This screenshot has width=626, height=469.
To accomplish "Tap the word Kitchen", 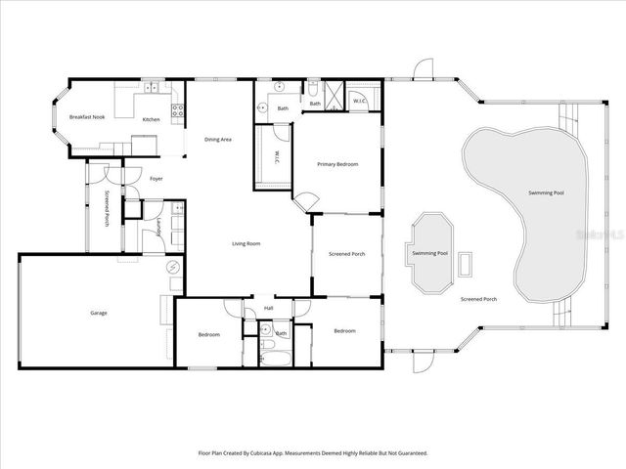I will coord(151,119).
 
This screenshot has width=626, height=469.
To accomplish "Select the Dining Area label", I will coord(217,140).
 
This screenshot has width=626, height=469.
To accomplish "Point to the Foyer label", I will coord(156,179).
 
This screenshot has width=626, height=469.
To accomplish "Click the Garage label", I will coord(99,313).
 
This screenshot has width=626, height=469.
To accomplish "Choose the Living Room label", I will coord(245,243).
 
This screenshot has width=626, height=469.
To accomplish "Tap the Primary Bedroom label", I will coord(337,164).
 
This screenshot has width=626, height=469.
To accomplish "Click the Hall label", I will coord(269,309).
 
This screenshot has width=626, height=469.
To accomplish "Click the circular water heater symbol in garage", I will coord(173,268).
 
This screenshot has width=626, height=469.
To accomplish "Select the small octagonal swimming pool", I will coord(431,253).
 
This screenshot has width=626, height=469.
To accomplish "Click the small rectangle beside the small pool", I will coord(466,262).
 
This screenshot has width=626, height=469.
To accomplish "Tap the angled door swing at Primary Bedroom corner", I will coord(306,201).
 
